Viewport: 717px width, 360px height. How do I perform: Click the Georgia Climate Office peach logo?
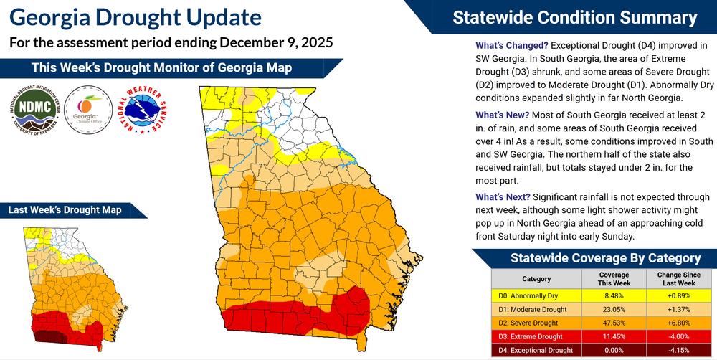87,111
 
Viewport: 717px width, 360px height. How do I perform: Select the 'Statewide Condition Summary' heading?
574,17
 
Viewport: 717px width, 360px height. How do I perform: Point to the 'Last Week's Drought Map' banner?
65,210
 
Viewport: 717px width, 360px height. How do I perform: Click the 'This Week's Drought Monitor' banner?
161,68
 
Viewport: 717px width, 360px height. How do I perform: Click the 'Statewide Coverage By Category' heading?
605,258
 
